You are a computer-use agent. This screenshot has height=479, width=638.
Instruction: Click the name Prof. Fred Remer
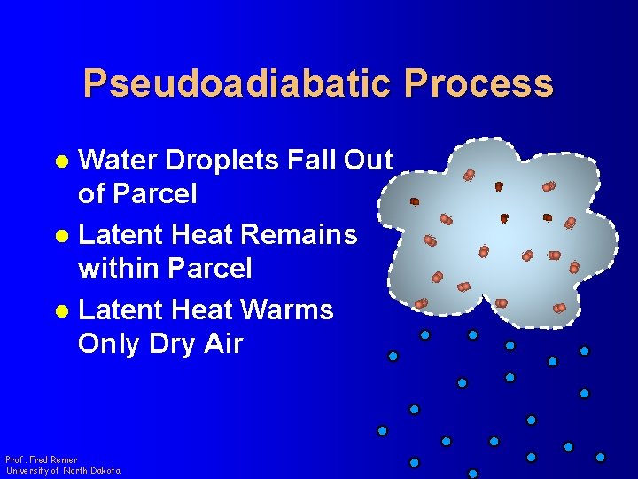42,459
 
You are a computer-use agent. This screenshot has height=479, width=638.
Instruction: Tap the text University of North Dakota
63,470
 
